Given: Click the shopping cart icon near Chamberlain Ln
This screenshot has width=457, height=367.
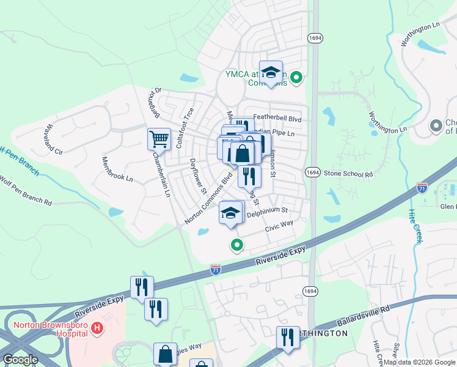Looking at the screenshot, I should [x=159, y=139].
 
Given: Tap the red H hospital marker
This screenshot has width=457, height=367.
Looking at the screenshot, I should [x=97, y=329].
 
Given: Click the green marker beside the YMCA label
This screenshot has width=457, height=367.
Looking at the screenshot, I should [x=296, y=77].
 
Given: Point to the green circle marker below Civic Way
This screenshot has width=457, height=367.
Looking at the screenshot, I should [x=236, y=245].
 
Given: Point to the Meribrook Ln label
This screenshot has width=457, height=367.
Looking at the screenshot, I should [x=117, y=169].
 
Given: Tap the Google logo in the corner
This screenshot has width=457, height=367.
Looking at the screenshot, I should [x=20, y=360].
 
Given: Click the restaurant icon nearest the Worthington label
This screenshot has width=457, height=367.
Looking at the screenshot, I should [x=286, y=337].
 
